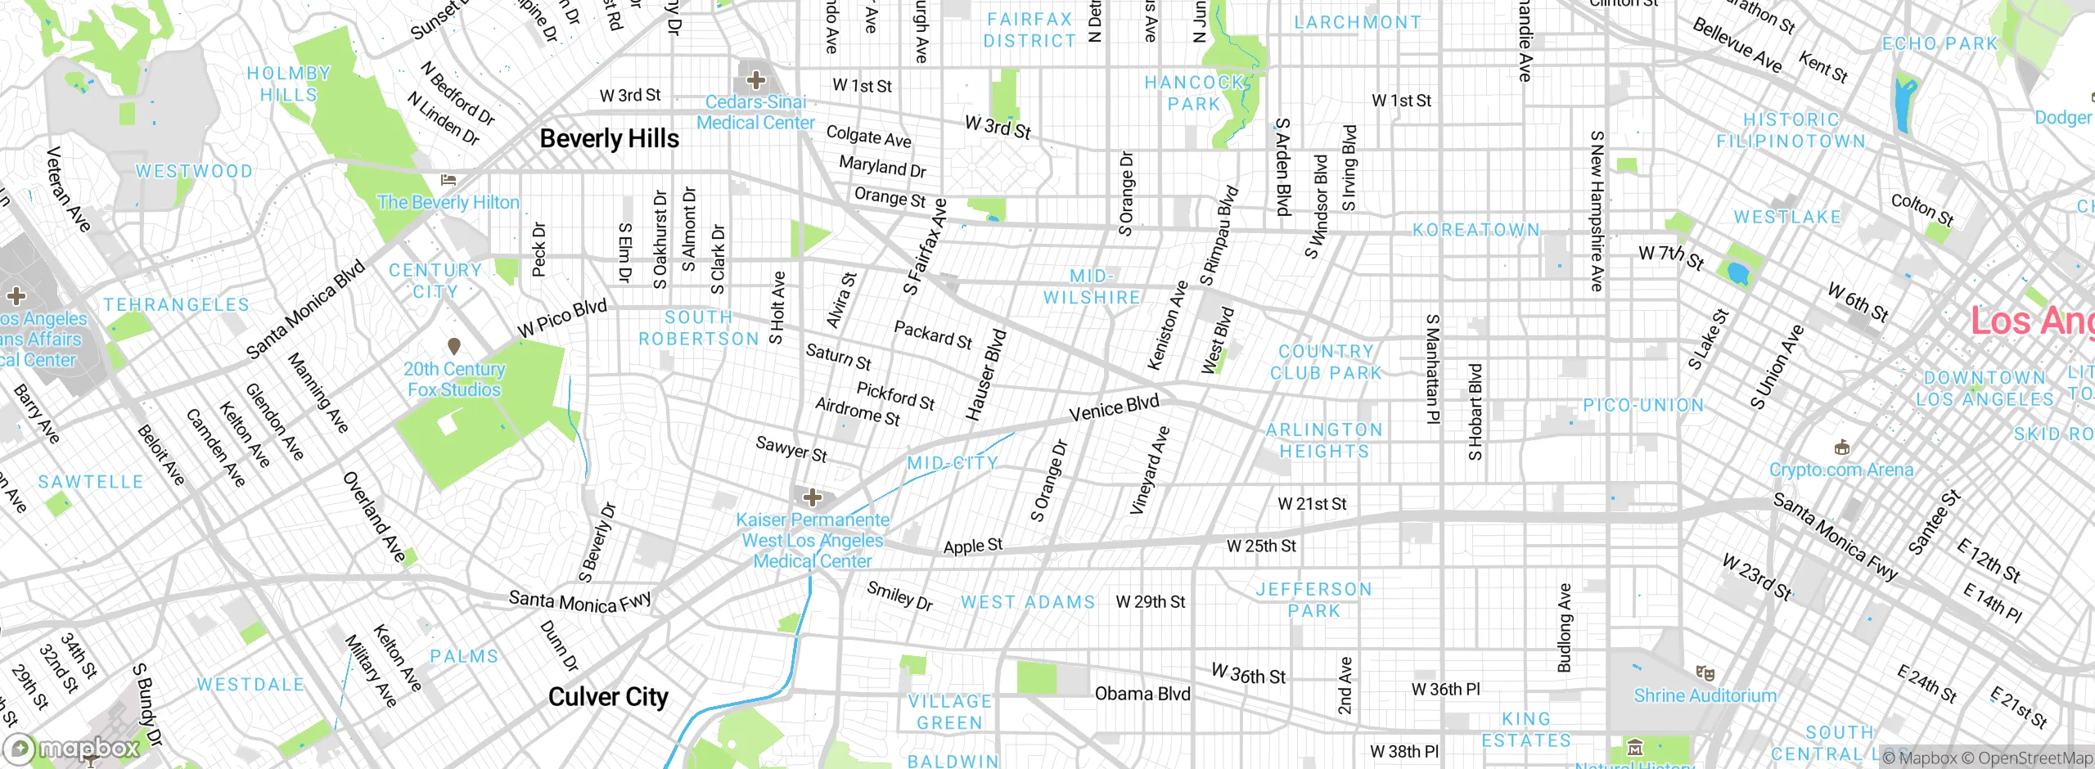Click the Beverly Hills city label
(x=609, y=139)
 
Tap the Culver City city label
(x=608, y=697)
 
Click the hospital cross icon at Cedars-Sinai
(x=756, y=80)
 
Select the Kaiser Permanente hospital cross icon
(x=812, y=497)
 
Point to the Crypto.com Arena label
(x=1841, y=470)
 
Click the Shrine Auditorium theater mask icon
(x=1705, y=673)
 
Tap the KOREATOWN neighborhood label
(x=1476, y=230)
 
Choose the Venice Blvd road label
(x=1114, y=407)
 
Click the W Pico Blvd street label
(x=562, y=318)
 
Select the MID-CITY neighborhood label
(x=953, y=463)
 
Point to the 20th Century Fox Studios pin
(x=454, y=347)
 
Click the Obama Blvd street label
(x=1142, y=694)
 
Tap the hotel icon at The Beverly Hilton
(x=448, y=180)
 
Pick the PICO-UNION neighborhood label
(x=1643, y=405)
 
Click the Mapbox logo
(x=74, y=748)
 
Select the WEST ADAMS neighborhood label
(x=1028, y=602)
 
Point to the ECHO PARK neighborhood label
(x=1940, y=43)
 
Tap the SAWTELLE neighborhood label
(x=91, y=482)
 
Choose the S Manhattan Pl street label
(x=1432, y=369)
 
